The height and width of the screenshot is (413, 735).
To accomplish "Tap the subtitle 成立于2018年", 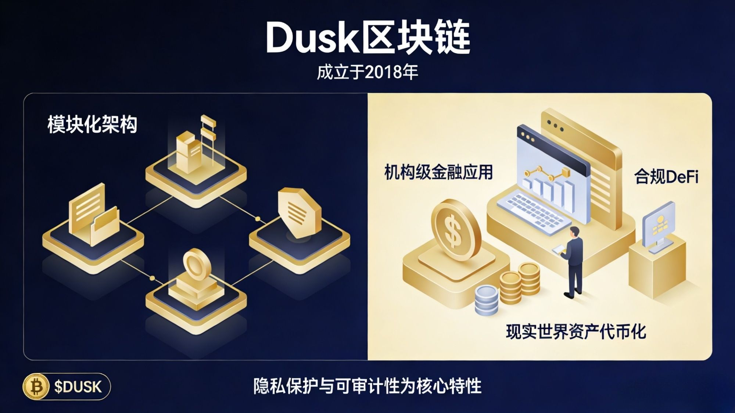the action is pos(367,72).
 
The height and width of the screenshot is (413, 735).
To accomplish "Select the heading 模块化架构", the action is pos(92,125).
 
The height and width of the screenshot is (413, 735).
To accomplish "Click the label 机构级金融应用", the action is pos(438,172).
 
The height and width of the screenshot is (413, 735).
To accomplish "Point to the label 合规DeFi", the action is pos(666,177).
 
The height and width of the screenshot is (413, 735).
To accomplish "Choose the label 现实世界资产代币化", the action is pos(576,332).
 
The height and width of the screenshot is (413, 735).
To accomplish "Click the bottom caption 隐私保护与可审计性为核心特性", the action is pos(367,386).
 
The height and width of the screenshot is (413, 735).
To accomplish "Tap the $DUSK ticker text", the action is pos(78,387).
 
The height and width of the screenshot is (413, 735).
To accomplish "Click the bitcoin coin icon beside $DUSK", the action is pos(36,387).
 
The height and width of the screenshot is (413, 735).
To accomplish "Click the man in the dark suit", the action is pos(573,261).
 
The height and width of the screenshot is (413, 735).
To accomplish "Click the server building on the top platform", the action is pos(189,152).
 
